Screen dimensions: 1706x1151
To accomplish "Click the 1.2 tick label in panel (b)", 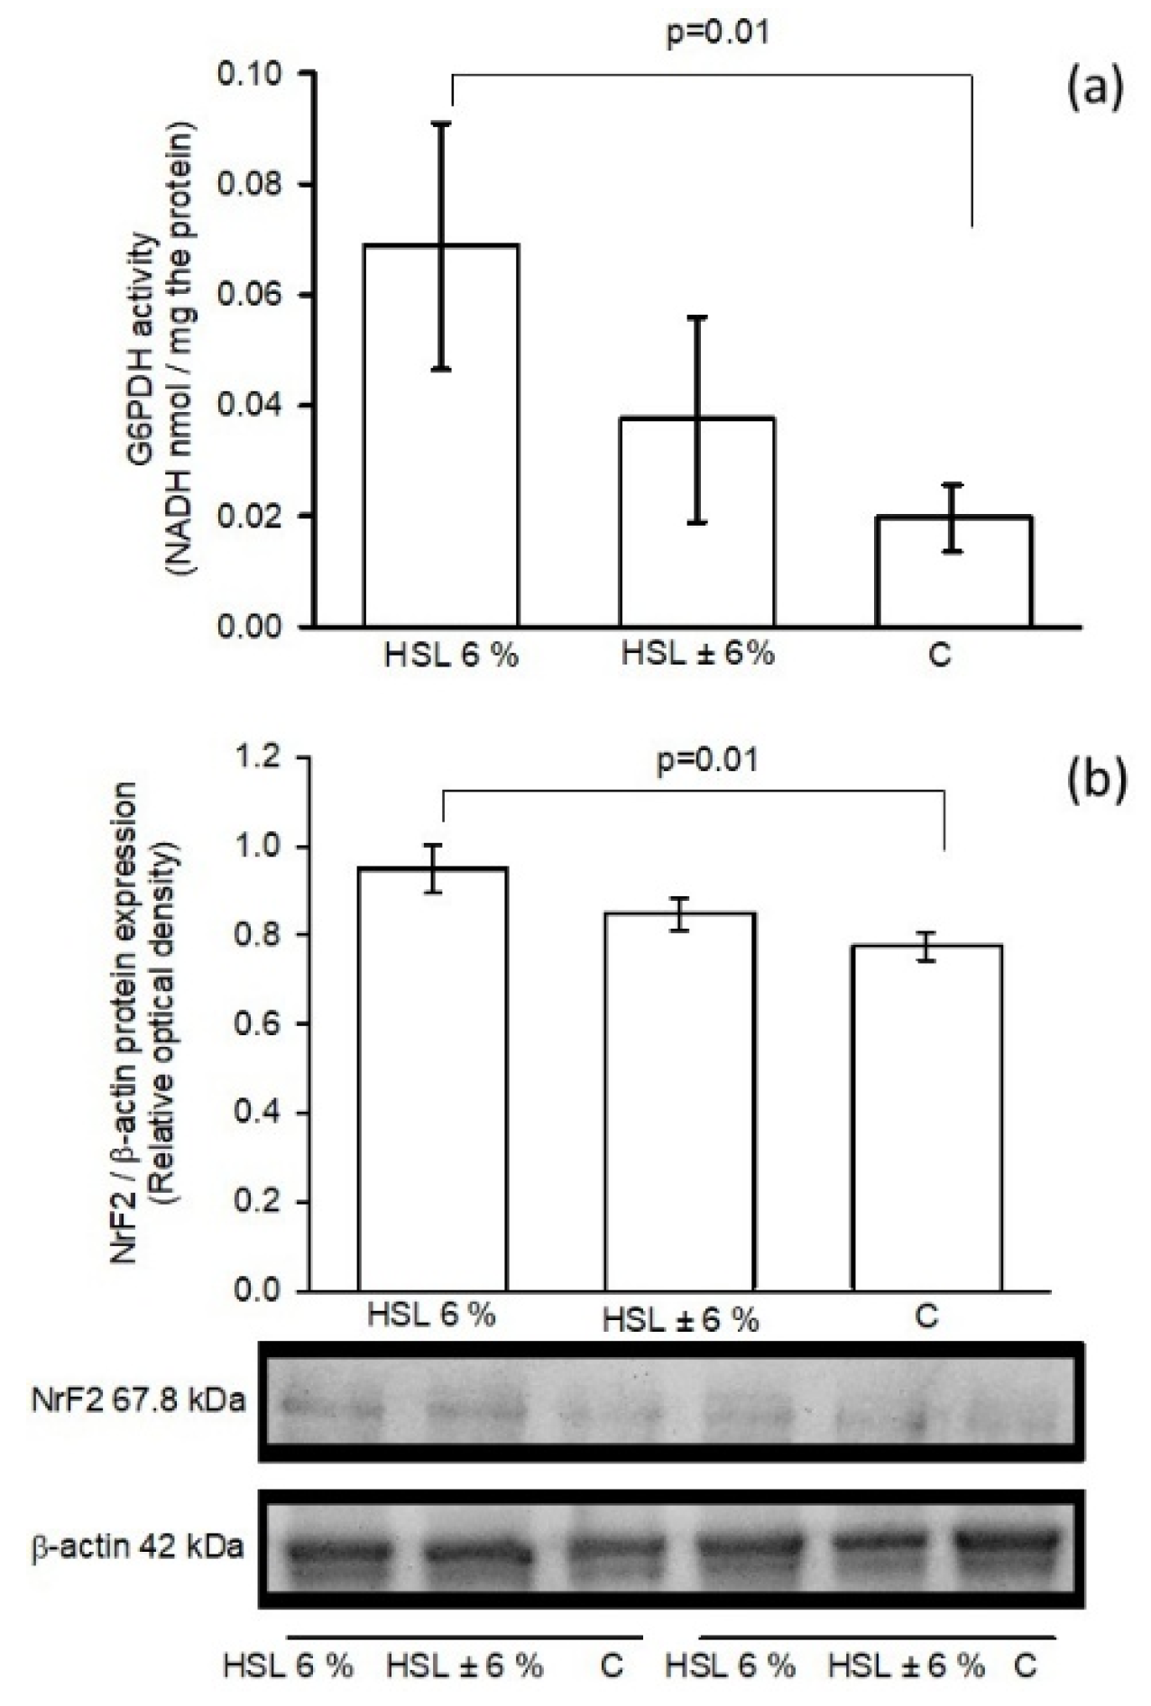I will click(x=263, y=757).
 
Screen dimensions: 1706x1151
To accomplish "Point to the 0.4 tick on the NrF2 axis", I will click(x=263, y=1114).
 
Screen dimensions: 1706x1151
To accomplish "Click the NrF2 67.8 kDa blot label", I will click(x=136, y=1400).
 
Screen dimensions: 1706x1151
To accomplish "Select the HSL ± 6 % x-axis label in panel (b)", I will click(x=680, y=1321).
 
